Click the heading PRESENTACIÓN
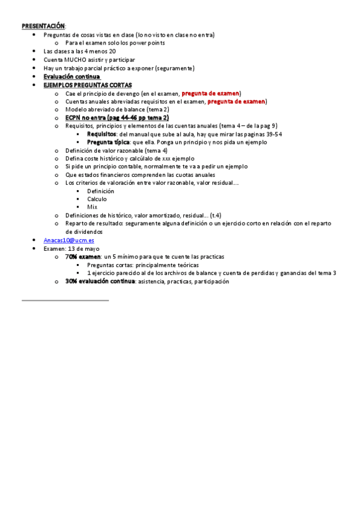[x=43, y=26]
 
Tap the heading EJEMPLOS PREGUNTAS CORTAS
[x=88, y=85]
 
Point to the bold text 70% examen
[x=83, y=257]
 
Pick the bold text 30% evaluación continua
[x=100, y=281]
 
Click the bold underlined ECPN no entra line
[x=117, y=118]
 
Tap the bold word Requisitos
[x=102, y=134]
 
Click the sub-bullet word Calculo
[x=97, y=199]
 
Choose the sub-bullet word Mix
[x=92, y=207]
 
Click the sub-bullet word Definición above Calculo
[x=100, y=191]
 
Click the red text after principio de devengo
[x=210, y=94]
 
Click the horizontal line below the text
[x=65, y=300]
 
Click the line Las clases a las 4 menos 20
[x=79, y=52]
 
